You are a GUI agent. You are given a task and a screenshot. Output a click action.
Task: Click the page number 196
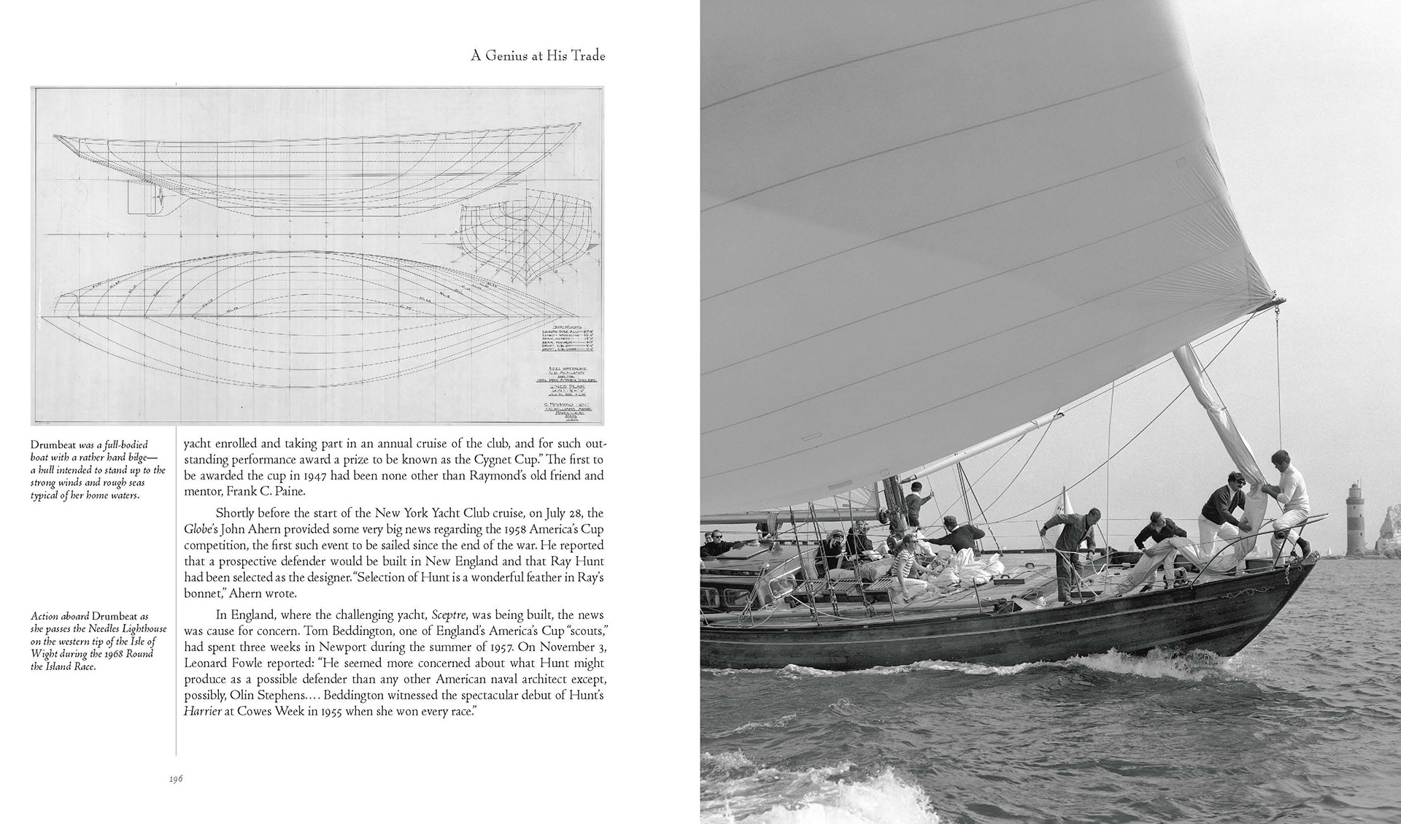click(175, 779)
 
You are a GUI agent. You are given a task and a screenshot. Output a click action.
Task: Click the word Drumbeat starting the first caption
click(55, 443)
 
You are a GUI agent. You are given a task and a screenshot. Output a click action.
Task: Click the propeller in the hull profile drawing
click(155, 198)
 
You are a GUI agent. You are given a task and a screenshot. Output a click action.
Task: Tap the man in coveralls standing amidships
click(1070, 548)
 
